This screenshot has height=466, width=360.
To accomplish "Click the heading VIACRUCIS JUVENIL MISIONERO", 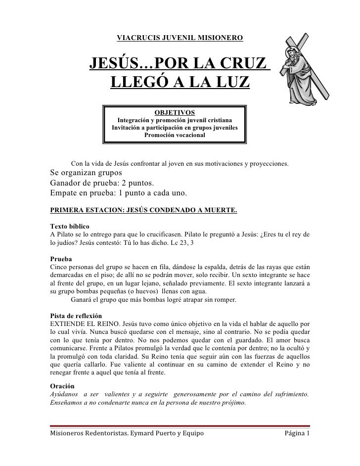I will click(x=180, y=38).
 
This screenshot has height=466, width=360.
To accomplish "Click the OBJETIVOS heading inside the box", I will click(x=175, y=112).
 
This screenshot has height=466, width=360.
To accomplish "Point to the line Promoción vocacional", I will click(x=175, y=135).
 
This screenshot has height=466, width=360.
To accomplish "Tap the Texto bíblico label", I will click(x=70, y=226).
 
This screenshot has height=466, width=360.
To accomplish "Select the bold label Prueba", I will click(x=61, y=259).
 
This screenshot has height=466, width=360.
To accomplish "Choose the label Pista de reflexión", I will click(x=76, y=316).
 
